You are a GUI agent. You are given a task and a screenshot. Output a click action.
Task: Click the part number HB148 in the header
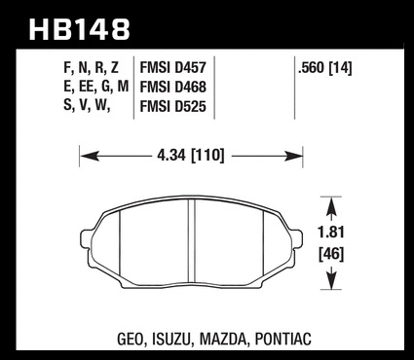(x=80, y=30)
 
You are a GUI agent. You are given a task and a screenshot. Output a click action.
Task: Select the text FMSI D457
(x=172, y=68)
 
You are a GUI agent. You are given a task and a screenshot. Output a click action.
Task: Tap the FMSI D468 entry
(x=172, y=87)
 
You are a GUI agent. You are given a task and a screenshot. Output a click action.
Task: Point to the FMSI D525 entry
(x=172, y=106)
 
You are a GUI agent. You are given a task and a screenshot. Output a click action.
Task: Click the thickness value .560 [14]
(x=325, y=68)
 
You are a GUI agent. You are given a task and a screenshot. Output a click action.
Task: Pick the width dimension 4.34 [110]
(x=191, y=156)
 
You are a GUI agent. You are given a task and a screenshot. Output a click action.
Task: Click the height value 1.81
(x=330, y=233)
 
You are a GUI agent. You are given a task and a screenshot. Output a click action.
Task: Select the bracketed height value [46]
(x=330, y=254)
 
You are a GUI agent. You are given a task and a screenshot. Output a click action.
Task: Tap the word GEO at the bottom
(x=130, y=340)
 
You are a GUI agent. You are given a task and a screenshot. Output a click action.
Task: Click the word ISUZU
(x=170, y=340)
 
